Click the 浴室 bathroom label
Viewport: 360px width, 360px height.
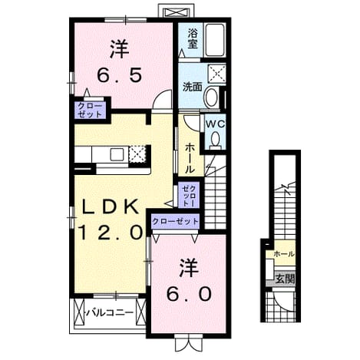[x=193, y=38]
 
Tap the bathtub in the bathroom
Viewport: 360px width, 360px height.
[x=216, y=40]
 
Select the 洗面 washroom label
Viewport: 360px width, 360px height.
[x=192, y=88]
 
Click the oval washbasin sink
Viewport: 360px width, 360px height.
[x=212, y=97]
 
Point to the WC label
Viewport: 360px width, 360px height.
[x=216, y=124]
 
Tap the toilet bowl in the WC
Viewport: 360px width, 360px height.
[x=216, y=140]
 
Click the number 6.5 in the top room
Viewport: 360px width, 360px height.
[x=119, y=75]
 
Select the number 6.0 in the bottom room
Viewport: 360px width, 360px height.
[x=189, y=294]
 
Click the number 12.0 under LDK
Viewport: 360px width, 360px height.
[x=111, y=233]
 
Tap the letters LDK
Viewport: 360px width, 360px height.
[x=111, y=207]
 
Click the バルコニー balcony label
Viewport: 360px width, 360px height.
[x=110, y=312]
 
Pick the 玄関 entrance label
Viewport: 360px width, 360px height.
[x=285, y=279]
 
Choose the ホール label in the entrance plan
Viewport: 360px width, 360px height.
[x=284, y=254]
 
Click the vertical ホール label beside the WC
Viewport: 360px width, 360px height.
[x=190, y=158]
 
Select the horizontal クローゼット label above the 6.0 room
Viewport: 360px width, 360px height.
[x=175, y=221]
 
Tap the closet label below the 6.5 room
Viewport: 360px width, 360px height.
[x=90, y=110]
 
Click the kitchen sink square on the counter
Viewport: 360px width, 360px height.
[x=117, y=154]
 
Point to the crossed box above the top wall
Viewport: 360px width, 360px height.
[x=175, y=12]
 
